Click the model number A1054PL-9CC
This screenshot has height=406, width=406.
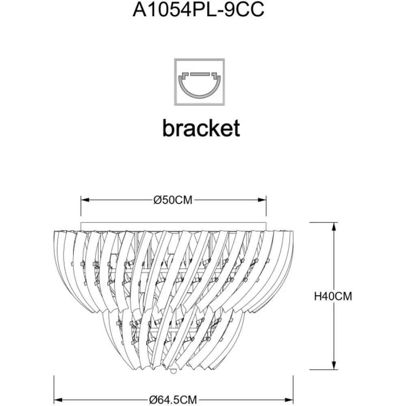pos(199,10)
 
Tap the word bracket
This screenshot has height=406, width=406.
pos(201,128)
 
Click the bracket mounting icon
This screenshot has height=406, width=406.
pos(199,82)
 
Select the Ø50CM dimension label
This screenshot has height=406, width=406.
pos(173,200)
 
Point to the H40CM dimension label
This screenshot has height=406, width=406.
pos(333,296)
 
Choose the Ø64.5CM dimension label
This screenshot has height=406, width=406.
pos(173,400)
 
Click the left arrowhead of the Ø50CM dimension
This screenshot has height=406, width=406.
pos(85,200)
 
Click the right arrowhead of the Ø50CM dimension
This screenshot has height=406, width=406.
pos(262,200)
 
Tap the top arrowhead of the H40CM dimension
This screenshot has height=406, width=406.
pos(334,227)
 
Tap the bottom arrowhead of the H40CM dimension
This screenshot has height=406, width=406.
pos(334,365)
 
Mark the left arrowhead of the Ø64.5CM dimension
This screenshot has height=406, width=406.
pos(58,400)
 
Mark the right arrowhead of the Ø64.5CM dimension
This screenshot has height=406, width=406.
pos(289,400)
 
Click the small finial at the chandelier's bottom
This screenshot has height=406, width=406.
pos(173,371)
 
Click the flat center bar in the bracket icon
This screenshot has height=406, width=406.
pos(199,74)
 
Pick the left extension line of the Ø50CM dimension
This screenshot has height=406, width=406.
pos(81,206)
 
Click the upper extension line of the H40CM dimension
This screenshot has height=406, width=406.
pos(324,222)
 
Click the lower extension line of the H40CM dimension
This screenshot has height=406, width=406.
pos(324,370)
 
